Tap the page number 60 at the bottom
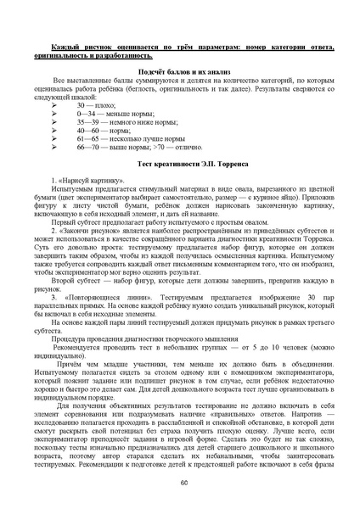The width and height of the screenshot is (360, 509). tap(183, 483)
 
